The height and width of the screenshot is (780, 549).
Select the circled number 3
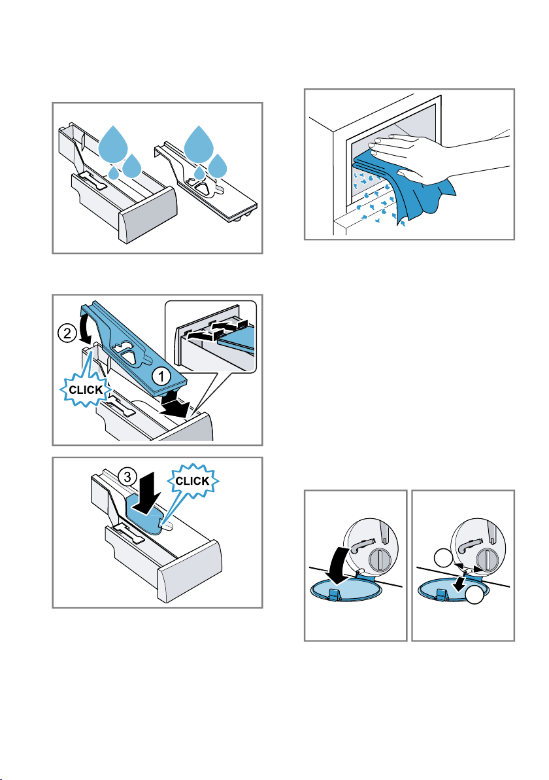point(127,477)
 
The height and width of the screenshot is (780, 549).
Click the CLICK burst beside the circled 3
point(192,481)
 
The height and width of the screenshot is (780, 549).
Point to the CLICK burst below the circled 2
point(86,390)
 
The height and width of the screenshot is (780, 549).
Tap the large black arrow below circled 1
point(176,403)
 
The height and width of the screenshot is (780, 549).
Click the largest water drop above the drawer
point(113,144)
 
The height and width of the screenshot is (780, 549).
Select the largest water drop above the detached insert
point(199,143)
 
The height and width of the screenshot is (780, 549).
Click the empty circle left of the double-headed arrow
point(442,559)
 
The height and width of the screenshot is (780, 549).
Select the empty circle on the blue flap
point(474,595)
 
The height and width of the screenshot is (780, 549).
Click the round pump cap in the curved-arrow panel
point(380,559)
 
